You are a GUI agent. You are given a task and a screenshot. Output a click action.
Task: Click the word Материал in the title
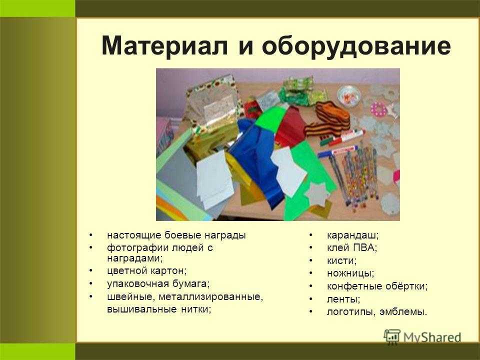tap(164, 45)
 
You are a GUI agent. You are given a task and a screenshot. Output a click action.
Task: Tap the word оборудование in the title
tap(356, 46)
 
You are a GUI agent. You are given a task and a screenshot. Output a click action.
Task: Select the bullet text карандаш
tap(352, 235)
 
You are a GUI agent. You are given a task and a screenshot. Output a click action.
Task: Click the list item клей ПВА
tap(351, 247)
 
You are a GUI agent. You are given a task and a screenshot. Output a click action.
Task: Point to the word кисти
tap(341, 260)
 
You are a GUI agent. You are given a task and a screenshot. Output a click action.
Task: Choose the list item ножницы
tap(350, 273)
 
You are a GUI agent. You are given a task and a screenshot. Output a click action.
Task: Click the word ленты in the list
tap(343, 299)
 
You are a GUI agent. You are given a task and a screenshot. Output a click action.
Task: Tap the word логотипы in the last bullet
tap(351, 312)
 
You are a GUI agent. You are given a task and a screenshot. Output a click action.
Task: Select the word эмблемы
tap(403, 311)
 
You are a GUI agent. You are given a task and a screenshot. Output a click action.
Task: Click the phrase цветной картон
tap(146, 271)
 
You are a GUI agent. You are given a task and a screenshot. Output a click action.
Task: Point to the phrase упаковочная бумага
tap(158, 284)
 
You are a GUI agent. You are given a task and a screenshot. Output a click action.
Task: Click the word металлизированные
tap(210, 296)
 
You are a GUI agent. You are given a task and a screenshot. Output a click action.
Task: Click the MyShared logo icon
tap(392, 337)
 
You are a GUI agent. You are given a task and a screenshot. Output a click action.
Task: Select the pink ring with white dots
tap(379, 109)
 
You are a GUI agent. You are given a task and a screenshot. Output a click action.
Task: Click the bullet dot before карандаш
tap(310, 235)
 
